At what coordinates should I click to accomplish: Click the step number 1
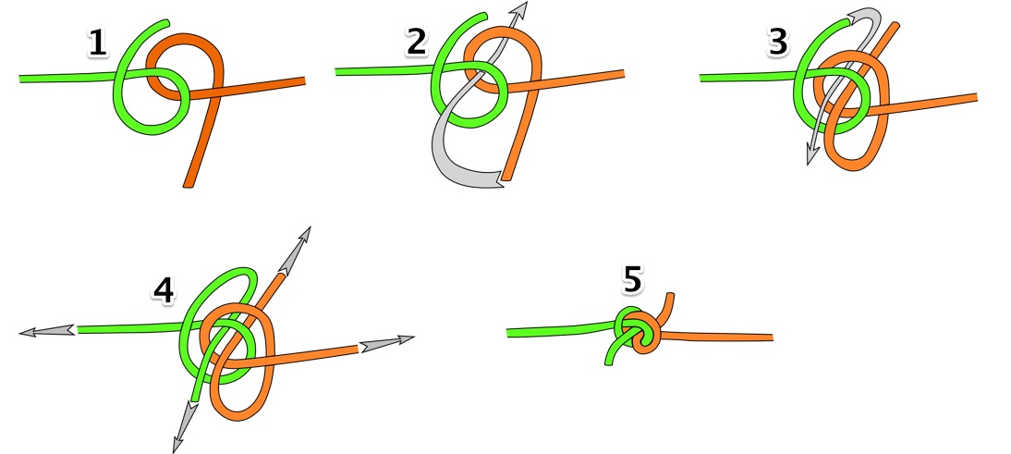coord(97,43)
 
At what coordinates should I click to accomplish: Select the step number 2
coord(417,43)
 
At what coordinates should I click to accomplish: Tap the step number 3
coord(778,42)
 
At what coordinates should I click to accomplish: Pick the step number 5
coord(632,279)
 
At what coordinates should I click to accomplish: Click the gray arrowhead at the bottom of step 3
coord(814,154)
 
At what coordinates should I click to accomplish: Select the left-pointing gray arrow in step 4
coord(48,331)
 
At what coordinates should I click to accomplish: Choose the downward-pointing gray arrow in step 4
coord(185,427)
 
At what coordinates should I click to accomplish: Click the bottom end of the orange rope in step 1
coord(189,186)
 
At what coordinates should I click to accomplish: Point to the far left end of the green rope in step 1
coord(21,80)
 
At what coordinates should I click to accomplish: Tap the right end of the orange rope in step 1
coord(303,80)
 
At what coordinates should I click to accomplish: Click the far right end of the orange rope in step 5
coord(771,337)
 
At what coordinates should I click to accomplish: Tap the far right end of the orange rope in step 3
coord(976,97)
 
